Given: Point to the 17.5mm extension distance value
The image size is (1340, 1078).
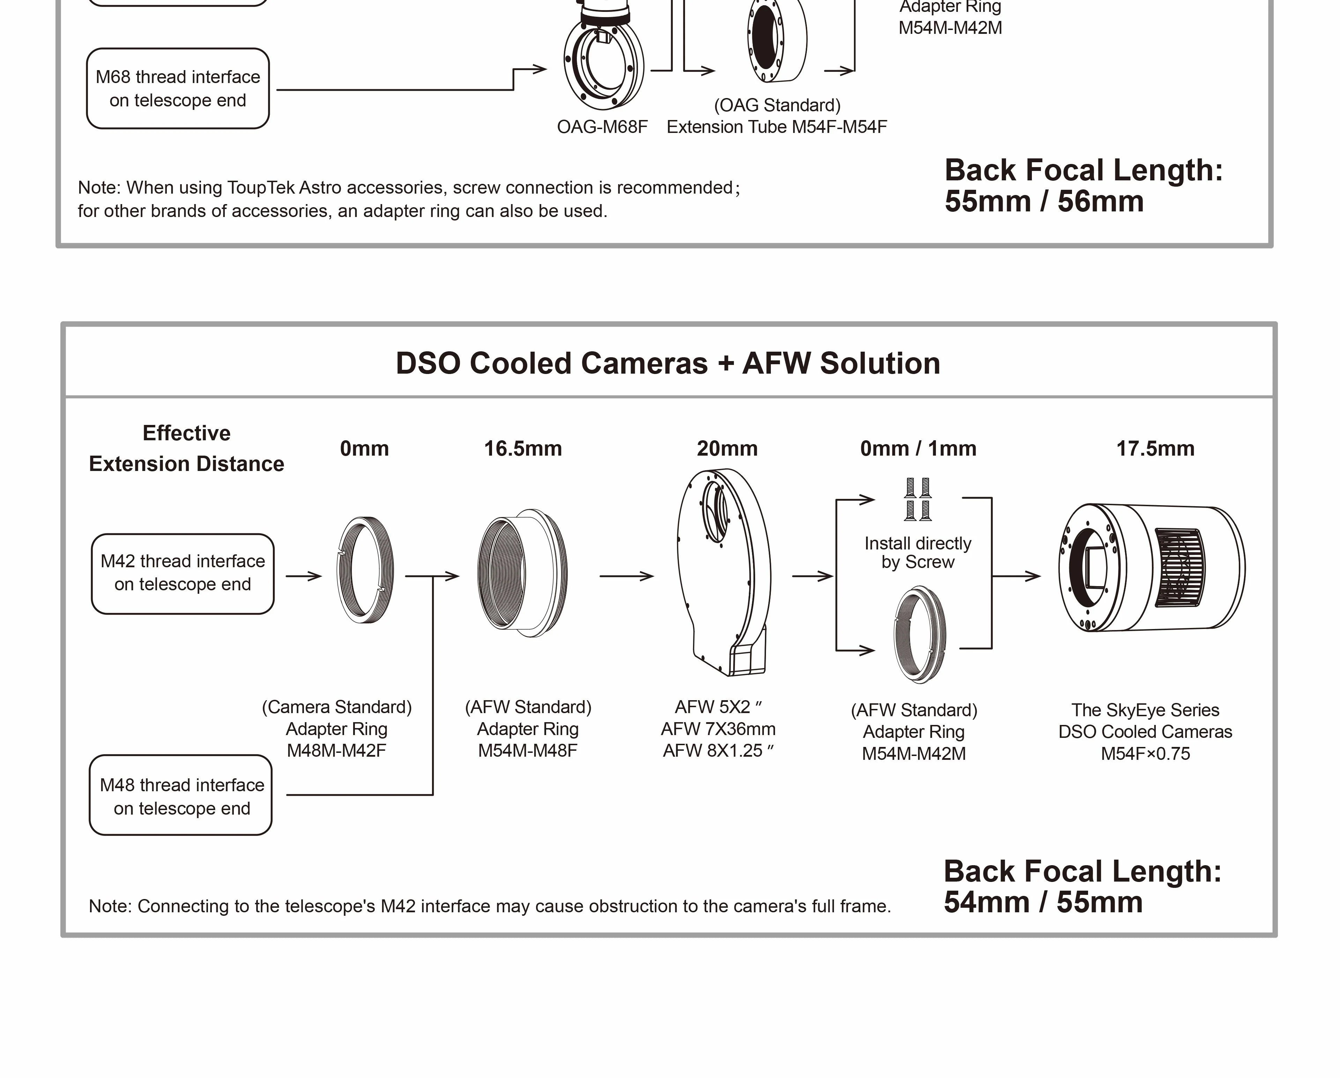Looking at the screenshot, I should click(x=1155, y=449).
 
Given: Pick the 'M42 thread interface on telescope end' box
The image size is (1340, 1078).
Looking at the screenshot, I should click(x=183, y=573).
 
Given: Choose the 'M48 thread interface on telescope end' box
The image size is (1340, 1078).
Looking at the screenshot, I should click(x=181, y=796).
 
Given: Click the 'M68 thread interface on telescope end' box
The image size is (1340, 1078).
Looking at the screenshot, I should click(x=178, y=88).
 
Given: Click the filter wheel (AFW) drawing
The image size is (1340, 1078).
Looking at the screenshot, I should click(x=724, y=572).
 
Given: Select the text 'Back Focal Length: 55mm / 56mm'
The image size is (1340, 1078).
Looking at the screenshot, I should click(x=1083, y=185).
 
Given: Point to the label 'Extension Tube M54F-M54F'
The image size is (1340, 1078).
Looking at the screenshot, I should click(x=776, y=127).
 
